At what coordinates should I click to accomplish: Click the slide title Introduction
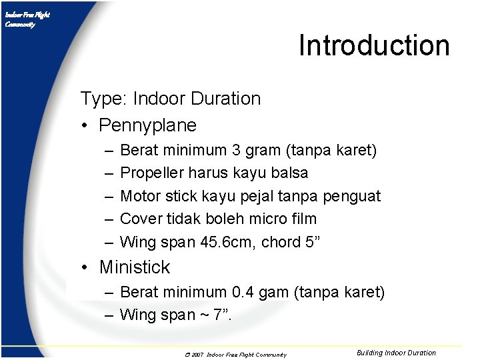[x=374, y=45]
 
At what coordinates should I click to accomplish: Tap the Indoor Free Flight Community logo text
[x=27, y=19]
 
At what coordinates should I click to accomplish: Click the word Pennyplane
[x=147, y=125]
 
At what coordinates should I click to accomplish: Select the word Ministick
[x=135, y=267]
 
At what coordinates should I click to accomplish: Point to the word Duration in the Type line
[x=225, y=99]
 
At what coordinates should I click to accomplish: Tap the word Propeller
[x=151, y=173]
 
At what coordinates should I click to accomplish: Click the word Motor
[x=140, y=196]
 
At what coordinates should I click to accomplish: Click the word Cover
[x=141, y=219]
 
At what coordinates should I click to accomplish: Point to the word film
[x=303, y=219]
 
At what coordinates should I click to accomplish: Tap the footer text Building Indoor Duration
[x=396, y=353]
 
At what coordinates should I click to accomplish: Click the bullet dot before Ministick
[x=85, y=268]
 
